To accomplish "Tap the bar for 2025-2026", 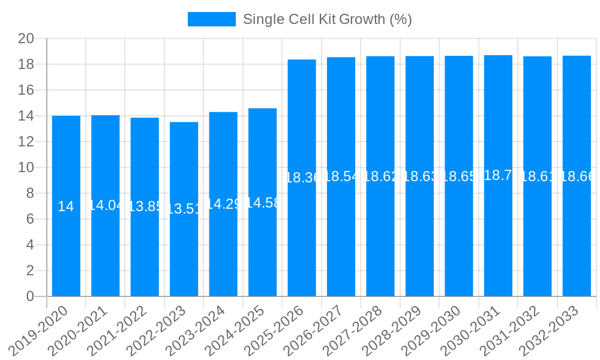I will point(302,240).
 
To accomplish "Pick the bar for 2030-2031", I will point(498,240).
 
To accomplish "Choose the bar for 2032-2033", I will point(577,240).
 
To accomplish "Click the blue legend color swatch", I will point(212,19).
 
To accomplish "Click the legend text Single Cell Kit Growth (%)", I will point(327,19).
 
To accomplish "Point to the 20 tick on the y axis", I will point(26,39).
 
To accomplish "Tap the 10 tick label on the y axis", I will point(26,167).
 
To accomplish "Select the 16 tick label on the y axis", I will point(26,90).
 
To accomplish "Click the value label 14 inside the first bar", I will point(66,206).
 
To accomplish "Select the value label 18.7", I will point(498,175).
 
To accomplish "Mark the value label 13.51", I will point(184,209).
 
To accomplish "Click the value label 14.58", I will point(262,203).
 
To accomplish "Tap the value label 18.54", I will point(341,176).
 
